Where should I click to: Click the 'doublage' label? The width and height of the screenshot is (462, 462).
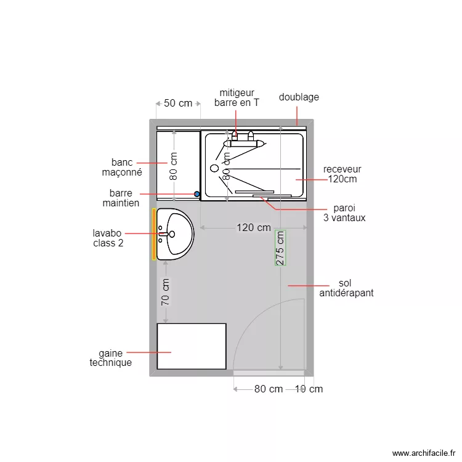click(x=299, y=97)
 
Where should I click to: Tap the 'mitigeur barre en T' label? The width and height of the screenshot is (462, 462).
click(x=237, y=98)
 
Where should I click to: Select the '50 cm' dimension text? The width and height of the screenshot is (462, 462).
click(x=178, y=103)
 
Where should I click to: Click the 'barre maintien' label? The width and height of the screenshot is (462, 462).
click(x=121, y=198)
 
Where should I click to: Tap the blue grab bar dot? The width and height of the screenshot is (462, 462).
click(x=197, y=193)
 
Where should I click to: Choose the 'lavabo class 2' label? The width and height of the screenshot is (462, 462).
click(x=108, y=238)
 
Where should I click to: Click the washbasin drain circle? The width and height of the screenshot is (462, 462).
click(x=172, y=234)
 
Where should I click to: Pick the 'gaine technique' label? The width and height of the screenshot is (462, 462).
click(x=111, y=358)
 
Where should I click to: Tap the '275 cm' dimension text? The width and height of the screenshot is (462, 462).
click(x=280, y=248)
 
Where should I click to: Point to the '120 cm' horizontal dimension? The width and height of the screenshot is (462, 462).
click(x=254, y=227)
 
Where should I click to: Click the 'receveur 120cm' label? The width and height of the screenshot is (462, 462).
click(x=342, y=174)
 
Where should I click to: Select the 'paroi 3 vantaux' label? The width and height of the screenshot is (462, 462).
click(x=344, y=213)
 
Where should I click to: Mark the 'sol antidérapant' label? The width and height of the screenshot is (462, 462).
click(x=346, y=288)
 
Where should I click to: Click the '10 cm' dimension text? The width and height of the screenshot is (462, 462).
click(x=309, y=389)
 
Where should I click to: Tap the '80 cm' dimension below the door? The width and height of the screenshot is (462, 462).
click(x=269, y=389)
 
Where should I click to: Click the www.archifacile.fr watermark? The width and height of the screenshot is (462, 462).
click(x=422, y=453)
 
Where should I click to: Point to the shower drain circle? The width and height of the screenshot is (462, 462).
click(x=214, y=168)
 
